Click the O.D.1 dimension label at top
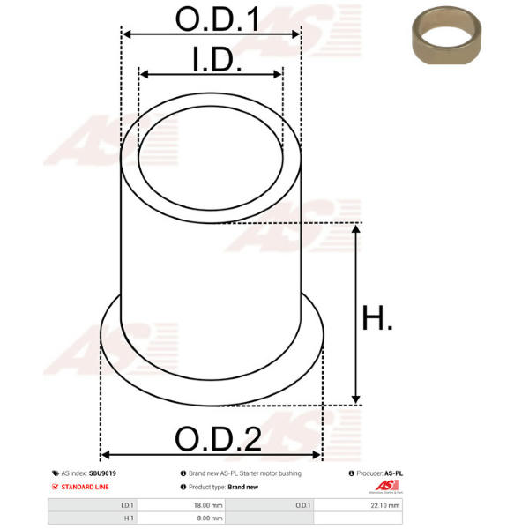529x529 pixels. [218, 19]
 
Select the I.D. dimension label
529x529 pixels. [217, 59]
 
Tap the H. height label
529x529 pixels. [377, 317]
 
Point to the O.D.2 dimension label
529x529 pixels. [219, 438]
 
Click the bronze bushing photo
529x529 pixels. [446, 35]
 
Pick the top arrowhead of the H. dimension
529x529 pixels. [355, 228]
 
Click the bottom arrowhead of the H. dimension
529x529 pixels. [355, 399]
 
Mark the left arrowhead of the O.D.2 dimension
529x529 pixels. [105, 455]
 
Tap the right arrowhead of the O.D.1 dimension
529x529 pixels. [296, 34]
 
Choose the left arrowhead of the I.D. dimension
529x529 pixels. [144, 74]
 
